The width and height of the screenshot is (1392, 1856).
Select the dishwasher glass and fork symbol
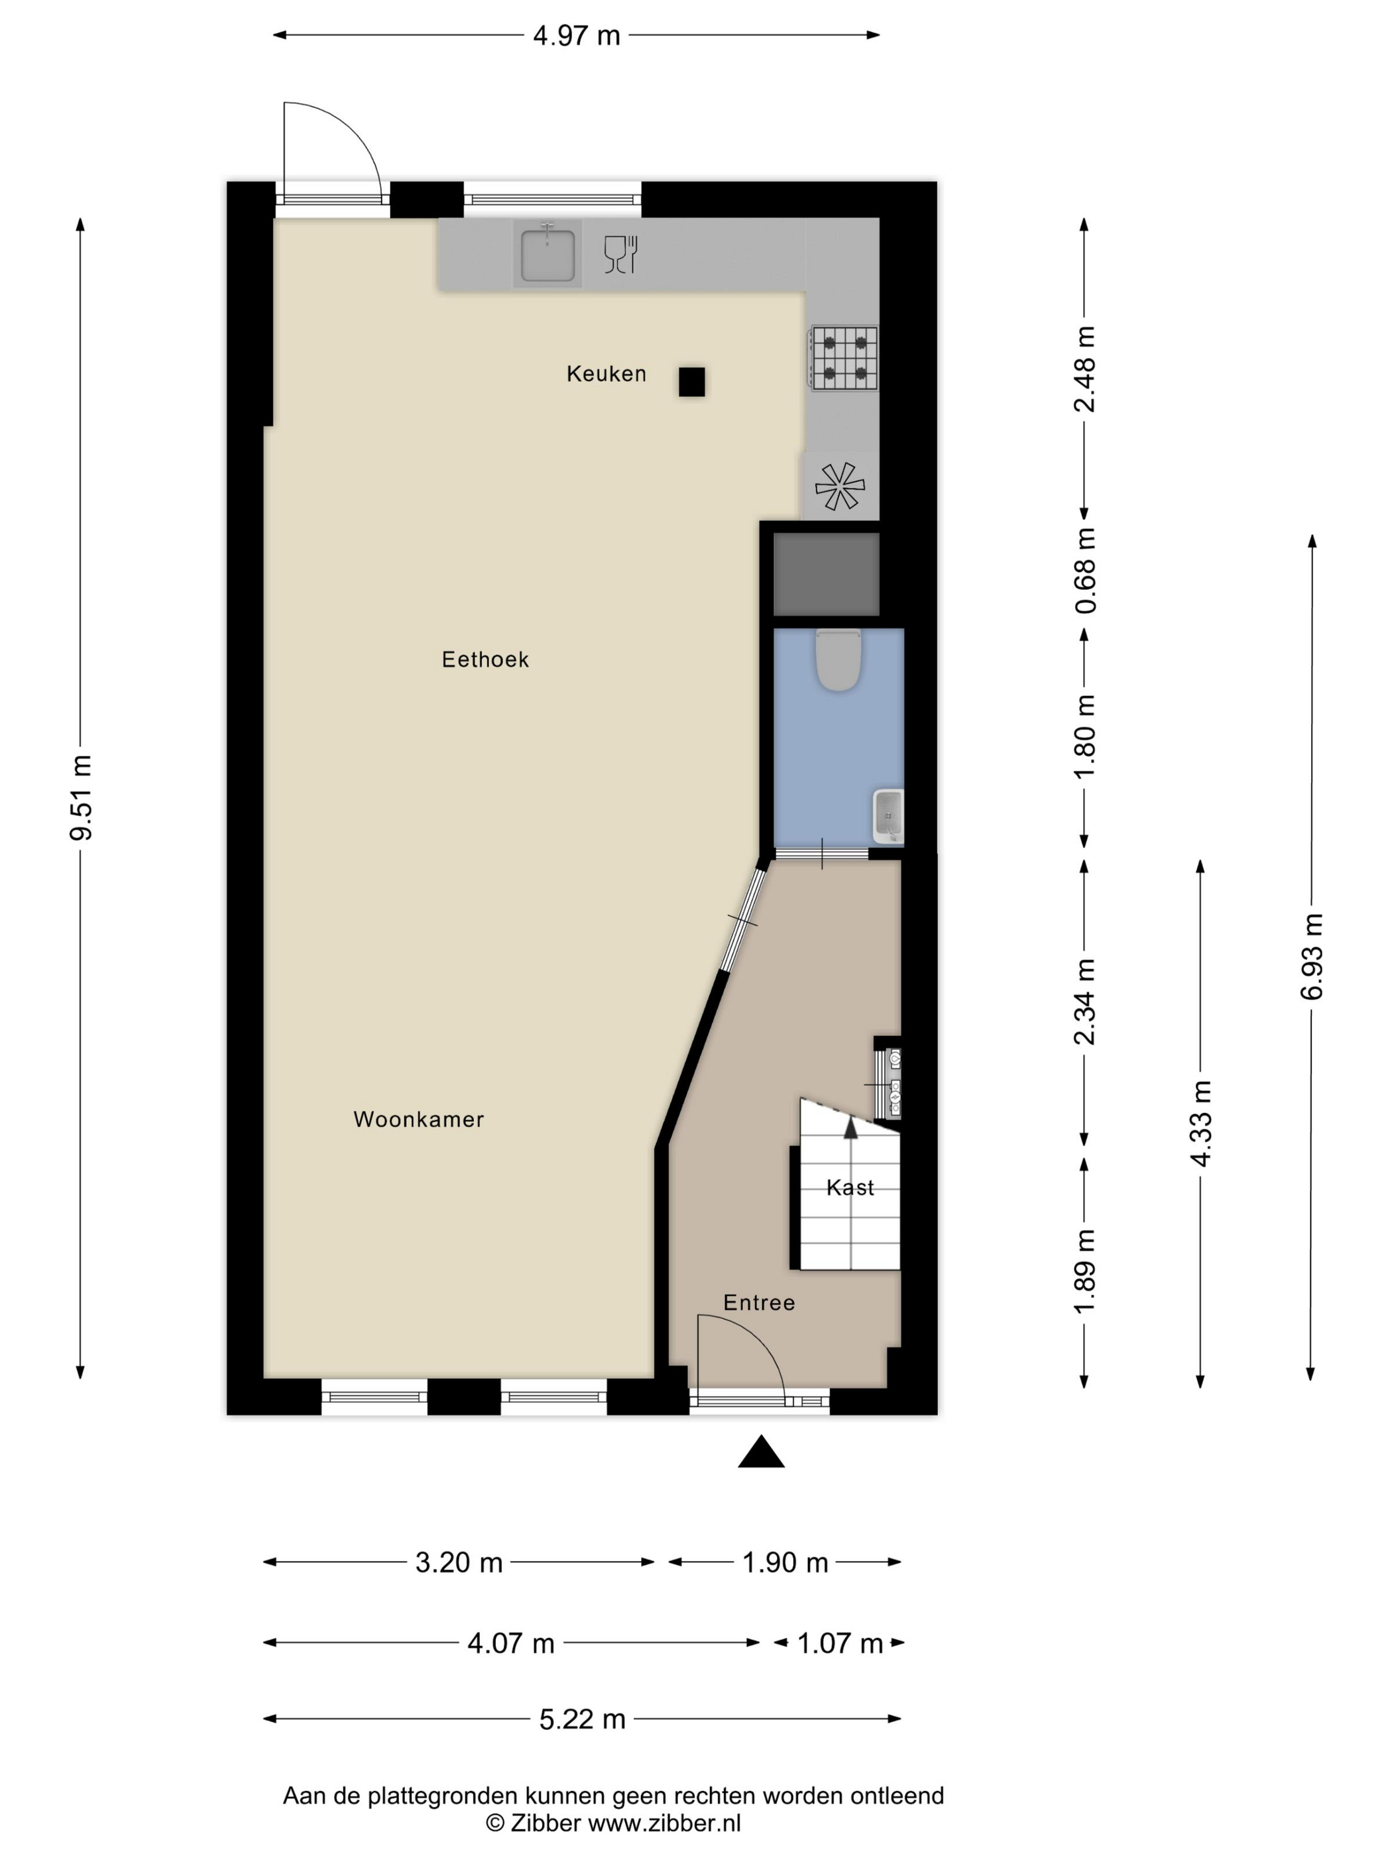[x=621, y=255]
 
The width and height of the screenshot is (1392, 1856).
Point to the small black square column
[x=691, y=382]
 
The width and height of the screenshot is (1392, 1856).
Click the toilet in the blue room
[x=839, y=660]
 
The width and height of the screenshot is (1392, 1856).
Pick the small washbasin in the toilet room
[x=888, y=815]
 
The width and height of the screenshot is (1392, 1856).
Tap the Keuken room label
[x=606, y=373]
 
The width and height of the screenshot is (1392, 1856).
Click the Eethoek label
[x=485, y=660]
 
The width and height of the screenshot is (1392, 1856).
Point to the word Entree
[x=758, y=1303]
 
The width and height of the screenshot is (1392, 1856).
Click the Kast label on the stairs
[x=850, y=1187]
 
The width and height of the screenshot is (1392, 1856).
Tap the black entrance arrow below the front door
[x=761, y=1451]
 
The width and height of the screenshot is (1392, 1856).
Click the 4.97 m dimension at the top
[x=577, y=35]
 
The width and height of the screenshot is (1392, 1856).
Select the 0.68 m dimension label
[x=1086, y=571]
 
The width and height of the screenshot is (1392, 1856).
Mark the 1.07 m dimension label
[x=839, y=1643]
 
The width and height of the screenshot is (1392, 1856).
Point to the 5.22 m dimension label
[x=582, y=1719]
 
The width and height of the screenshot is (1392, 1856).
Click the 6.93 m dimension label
[x=1311, y=957]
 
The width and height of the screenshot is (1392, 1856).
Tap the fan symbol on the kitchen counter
[x=840, y=486]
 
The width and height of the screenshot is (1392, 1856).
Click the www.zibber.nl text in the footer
[x=664, y=1822]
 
